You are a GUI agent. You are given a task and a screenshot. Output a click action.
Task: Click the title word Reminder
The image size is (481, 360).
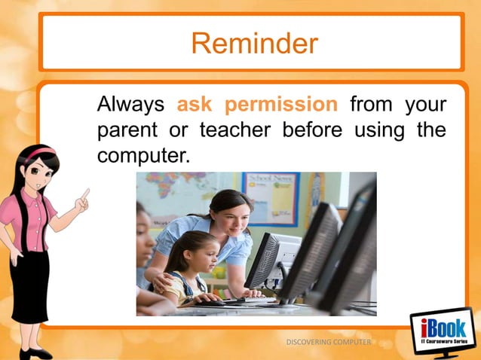pos(254,44)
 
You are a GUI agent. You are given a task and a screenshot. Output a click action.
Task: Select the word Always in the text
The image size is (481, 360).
pos(130,104)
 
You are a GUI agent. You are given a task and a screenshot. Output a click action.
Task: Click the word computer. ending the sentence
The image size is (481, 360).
pos(141,156)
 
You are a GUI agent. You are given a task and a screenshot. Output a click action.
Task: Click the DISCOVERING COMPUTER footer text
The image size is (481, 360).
pos(329,343)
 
